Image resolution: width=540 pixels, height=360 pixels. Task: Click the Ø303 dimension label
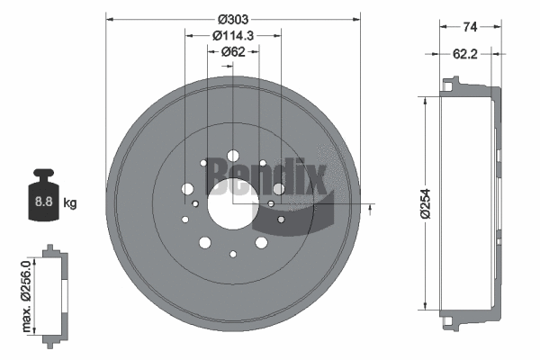(x=232, y=18)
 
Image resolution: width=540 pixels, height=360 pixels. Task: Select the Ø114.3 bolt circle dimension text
(x=232, y=35)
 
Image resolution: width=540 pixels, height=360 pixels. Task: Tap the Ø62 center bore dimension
(x=233, y=52)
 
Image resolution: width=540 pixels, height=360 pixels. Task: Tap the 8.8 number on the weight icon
(x=41, y=202)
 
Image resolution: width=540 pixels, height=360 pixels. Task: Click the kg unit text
(x=70, y=202)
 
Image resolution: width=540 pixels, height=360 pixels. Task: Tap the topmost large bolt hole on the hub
(x=233, y=156)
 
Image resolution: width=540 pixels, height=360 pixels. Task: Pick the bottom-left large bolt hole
(x=204, y=242)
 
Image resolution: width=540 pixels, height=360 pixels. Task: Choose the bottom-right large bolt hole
(x=261, y=242)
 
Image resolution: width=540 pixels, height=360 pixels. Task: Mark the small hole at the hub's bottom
(x=233, y=255)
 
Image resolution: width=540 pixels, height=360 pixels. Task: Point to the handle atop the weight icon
(x=41, y=175)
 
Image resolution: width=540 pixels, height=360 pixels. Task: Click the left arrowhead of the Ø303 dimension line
(x=110, y=18)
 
